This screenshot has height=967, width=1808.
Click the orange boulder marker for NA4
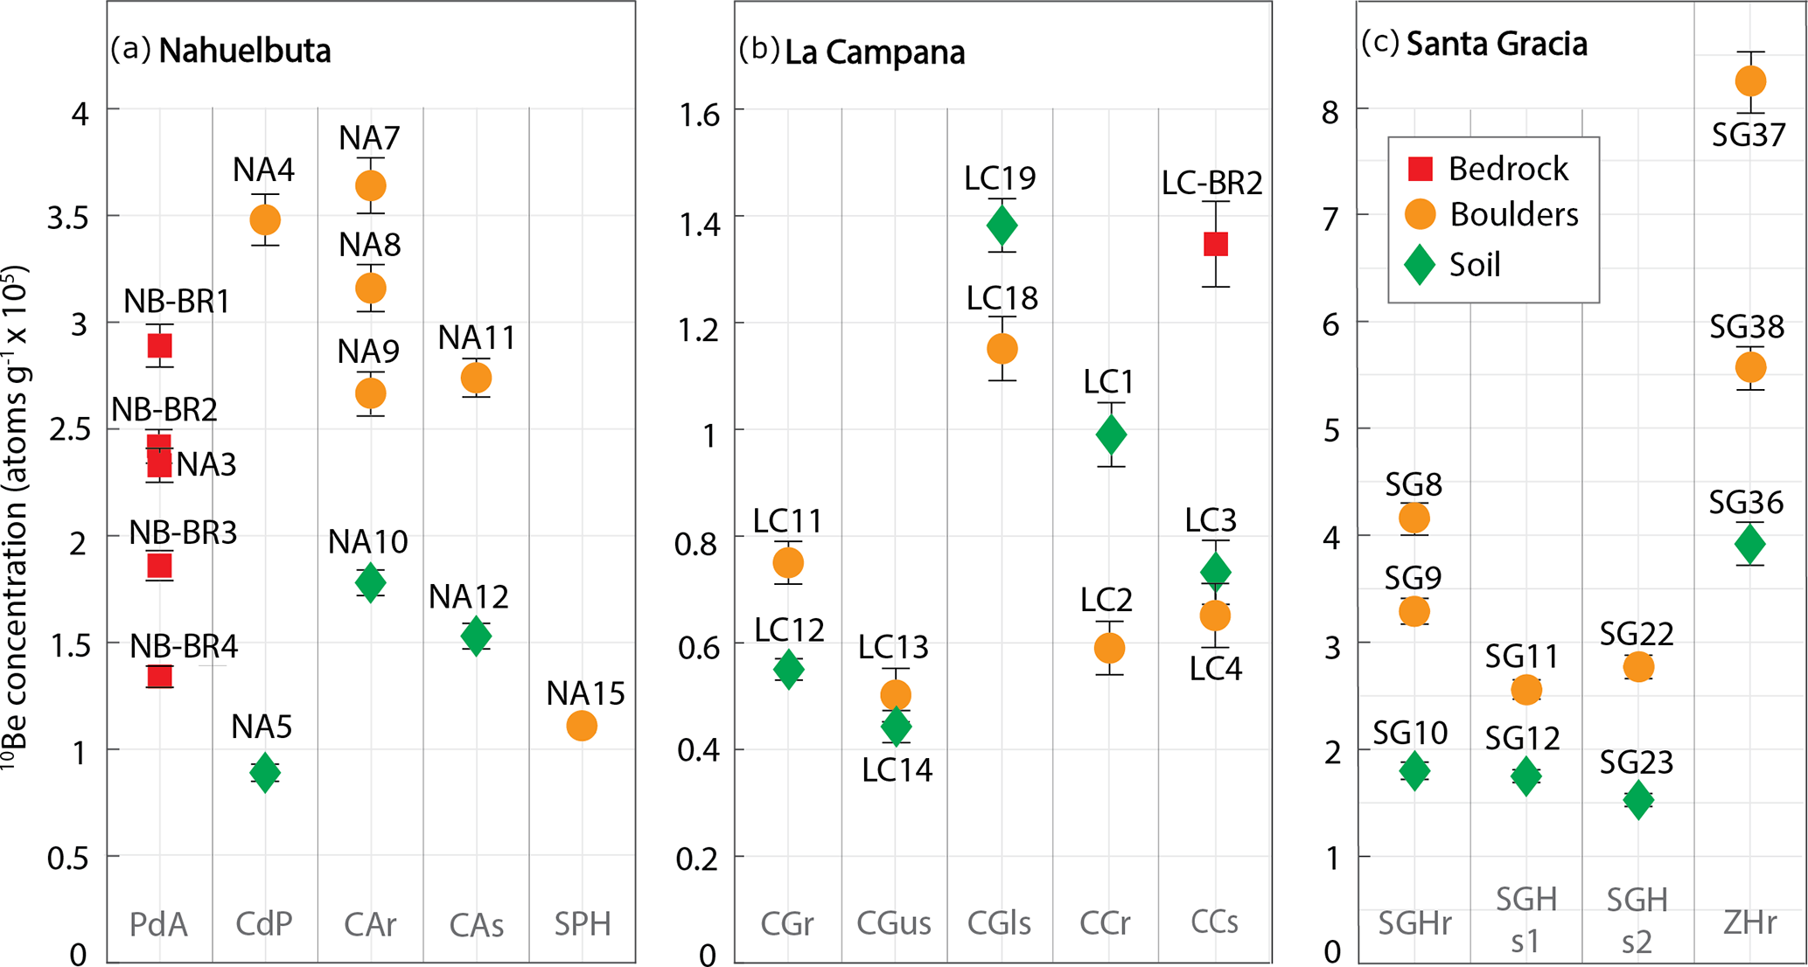click(265, 219)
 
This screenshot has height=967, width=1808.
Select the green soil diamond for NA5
click(265, 773)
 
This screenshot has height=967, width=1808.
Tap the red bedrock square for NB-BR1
click(159, 346)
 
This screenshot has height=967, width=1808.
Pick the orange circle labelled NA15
click(582, 726)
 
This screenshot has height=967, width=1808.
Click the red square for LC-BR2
click(1216, 244)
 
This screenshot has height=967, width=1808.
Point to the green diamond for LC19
click(1002, 226)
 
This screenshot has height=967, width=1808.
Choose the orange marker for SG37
click(1750, 81)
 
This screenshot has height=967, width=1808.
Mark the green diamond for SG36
click(1750, 544)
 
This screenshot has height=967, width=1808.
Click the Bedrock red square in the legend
click(1421, 169)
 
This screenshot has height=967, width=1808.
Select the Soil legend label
click(1475, 264)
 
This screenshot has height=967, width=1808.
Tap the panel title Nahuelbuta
click(245, 52)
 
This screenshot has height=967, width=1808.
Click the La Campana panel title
click(875, 53)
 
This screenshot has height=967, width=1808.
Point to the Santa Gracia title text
click(1497, 44)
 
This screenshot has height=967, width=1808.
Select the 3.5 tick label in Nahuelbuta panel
click(67, 218)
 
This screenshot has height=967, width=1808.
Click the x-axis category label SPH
click(583, 923)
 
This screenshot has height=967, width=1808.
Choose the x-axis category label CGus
click(893, 922)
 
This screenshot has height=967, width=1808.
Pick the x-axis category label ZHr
click(1749, 922)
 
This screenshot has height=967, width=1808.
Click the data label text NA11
click(477, 337)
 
